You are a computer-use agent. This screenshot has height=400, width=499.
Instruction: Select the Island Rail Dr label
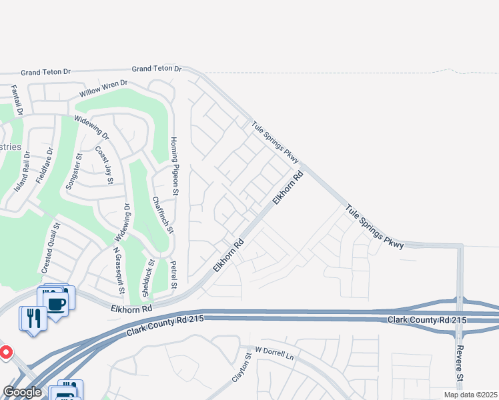(x=21, y=171)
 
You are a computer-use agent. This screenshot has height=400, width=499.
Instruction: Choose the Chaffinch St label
(x=162, y=215)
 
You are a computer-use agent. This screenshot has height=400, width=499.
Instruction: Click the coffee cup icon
(x=56, y=304)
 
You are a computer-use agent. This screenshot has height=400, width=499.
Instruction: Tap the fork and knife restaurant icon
(x=31, y=317)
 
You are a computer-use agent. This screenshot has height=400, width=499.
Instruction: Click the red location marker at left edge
(x=4, y=351)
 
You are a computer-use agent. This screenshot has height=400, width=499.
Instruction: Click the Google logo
(x=22, y=392)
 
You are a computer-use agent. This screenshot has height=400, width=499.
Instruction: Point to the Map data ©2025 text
(x=470, y=395)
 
